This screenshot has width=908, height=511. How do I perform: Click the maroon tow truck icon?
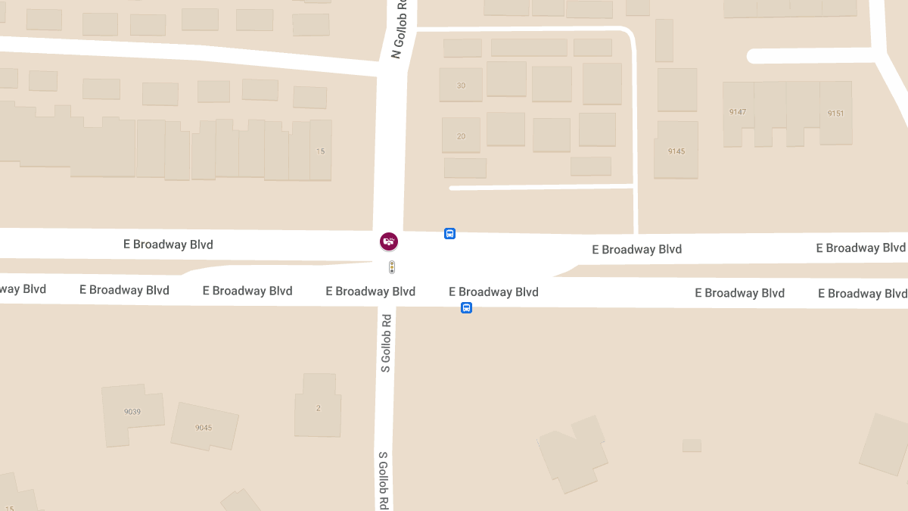(x=389, y=241)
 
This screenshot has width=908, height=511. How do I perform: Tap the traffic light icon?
(x=392, y=266)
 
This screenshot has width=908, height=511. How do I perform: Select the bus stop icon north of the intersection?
(x=449, y=234)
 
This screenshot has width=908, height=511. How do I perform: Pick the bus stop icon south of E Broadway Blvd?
(x=467, y=307)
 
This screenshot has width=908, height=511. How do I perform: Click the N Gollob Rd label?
(x=400, y=29)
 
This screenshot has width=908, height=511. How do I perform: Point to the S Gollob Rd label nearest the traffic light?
(x=386, y=343)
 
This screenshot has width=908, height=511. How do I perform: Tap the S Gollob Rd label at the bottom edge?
(x=384, y=480)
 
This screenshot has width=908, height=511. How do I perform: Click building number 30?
(x=461, y=86)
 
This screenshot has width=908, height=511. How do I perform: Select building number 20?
(x=461, y=136)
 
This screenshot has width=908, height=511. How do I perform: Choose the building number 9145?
(x=676, y=151)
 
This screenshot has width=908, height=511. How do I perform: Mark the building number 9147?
(x=738, y=112)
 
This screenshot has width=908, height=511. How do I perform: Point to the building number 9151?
(x=835, y=114)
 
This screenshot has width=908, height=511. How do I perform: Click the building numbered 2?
(x=318, y=408)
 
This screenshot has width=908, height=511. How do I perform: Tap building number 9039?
(x=132, y=412)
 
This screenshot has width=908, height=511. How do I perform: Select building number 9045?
(x=204, y=428)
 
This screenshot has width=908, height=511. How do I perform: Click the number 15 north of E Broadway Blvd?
(x=320, y=151)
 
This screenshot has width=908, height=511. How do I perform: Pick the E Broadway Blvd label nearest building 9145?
(x=636, y=249)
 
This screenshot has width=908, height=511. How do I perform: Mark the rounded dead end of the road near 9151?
(x=754, y=56)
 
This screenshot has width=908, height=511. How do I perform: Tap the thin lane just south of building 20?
(x=541, y=186)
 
